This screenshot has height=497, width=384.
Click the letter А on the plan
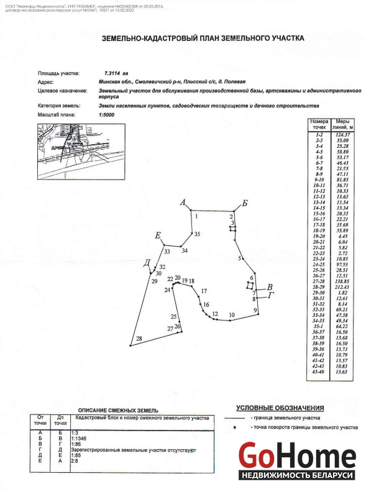click(182, 203)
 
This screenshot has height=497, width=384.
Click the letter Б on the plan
click(245, 204)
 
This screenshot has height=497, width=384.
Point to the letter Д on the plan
click(147, 262)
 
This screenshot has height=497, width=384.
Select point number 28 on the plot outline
click(139, 338)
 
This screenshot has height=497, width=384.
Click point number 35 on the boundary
click(196, 234)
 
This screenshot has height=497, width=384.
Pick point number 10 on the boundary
click(231, 315)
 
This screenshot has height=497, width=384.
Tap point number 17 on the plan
click(203, 291)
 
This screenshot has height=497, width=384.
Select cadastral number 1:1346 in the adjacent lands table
click(82, 438)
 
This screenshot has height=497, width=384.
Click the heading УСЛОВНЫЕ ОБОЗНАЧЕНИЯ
click(279, 408)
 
